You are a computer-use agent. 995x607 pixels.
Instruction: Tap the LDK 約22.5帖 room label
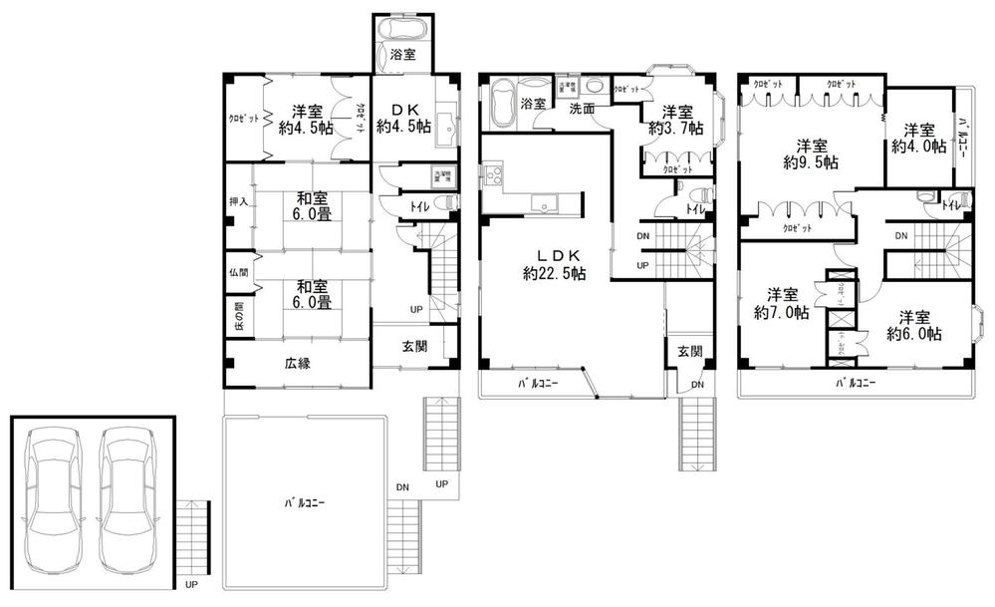coord(550,264)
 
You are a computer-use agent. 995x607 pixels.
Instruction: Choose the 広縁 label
coord(296,364)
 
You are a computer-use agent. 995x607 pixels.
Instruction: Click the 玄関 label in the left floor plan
coord(415,347)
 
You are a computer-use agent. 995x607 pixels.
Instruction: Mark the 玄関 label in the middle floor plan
coord(690,351)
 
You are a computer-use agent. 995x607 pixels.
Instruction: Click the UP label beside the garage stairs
coord(189,584)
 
